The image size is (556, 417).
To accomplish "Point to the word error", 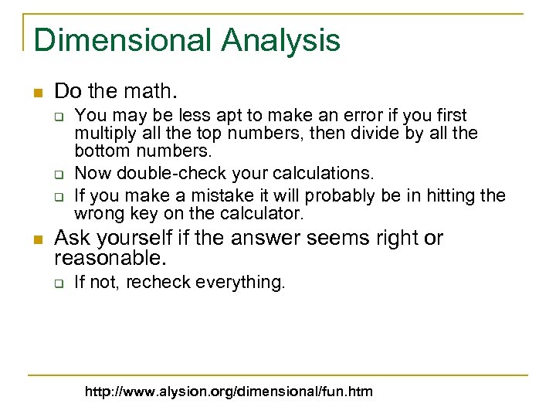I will point(335,116).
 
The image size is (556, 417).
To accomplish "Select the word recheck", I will point(158,283).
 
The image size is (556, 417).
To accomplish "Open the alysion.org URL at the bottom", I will point(229,392).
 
